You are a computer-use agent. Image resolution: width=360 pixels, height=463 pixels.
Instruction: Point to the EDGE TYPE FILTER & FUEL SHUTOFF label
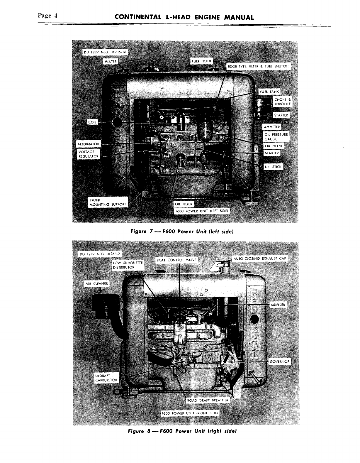click(258, 66)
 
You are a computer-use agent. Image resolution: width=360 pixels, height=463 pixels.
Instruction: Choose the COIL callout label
click(92, 122)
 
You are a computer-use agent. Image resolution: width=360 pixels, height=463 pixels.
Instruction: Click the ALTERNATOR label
click(88, 144)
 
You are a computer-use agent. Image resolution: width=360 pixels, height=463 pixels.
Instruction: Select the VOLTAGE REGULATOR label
click(88, 154)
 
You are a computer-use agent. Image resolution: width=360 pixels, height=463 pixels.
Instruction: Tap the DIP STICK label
click(273, 167)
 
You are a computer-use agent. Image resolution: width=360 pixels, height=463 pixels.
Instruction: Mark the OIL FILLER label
click(184, 204)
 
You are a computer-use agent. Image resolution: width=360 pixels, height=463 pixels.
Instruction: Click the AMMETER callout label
click(272, 127)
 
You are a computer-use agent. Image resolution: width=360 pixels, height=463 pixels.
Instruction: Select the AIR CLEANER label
click(96, 284)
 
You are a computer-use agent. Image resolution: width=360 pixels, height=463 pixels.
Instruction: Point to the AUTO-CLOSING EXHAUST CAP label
click(259, 258)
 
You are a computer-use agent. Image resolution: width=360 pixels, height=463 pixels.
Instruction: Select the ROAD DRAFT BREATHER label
click(208, 400)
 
